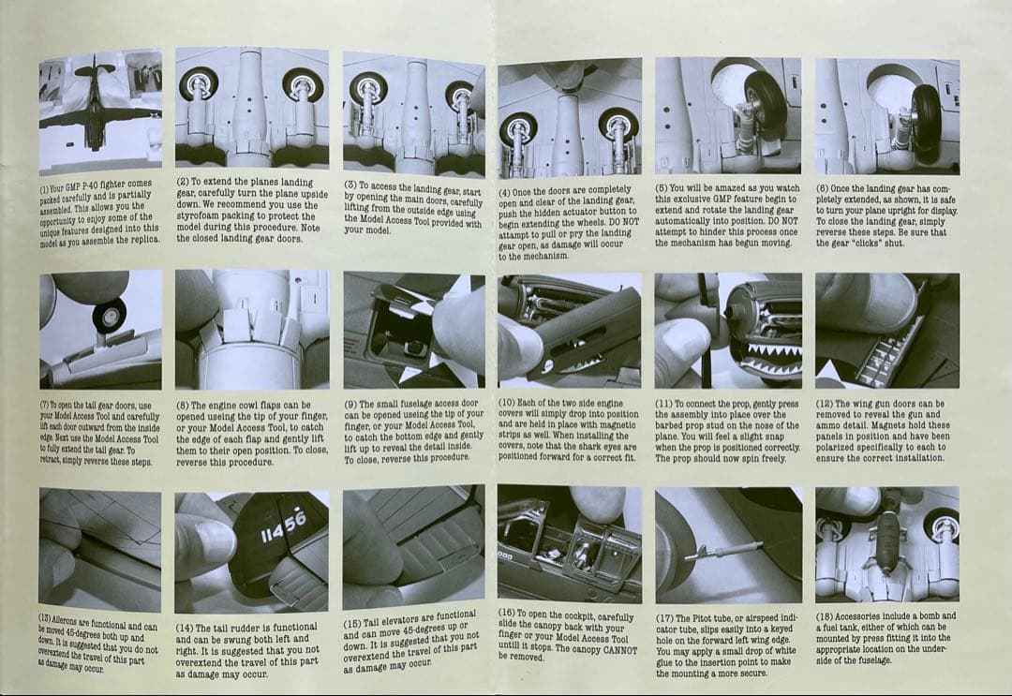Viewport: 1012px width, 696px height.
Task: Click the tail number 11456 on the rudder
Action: tap(283, 527)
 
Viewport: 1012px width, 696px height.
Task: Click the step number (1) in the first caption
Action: tap(44, 189)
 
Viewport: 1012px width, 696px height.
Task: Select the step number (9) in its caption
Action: tap(350, 404)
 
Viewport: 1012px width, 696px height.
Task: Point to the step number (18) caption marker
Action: tap(825, 616)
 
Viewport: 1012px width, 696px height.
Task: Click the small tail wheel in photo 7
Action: tap(111, 316)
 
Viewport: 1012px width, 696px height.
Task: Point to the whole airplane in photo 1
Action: tap(96, 103)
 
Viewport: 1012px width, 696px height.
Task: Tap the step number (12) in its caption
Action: tap(825, 404)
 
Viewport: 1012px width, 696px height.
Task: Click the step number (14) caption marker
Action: tap(184, 629)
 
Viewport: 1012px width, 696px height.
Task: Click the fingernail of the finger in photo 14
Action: tap(213, 541)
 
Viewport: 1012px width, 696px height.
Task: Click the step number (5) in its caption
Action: tap(661, 187)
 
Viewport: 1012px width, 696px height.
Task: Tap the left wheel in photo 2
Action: tap(198, 84)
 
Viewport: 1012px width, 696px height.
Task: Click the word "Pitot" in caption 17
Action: tap(702, 618)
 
